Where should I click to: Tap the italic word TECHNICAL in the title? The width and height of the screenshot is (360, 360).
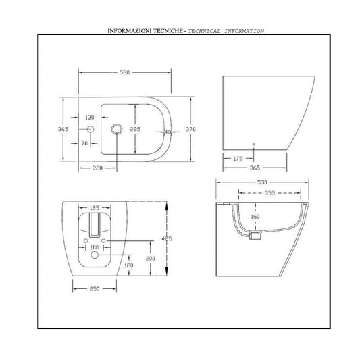point(204,31)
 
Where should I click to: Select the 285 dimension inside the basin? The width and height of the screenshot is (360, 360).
point(135,129)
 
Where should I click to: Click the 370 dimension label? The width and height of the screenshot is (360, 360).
point(190,129)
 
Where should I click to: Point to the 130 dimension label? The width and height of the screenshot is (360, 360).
point(90,118)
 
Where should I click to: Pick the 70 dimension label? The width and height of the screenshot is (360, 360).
point(84,143)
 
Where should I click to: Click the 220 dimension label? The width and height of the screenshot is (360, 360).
point(97,168)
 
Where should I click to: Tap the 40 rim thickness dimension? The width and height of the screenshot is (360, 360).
point(168,132)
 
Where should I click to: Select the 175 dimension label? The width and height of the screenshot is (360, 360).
point(238,159)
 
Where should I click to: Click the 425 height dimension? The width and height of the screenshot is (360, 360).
point(167,239)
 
